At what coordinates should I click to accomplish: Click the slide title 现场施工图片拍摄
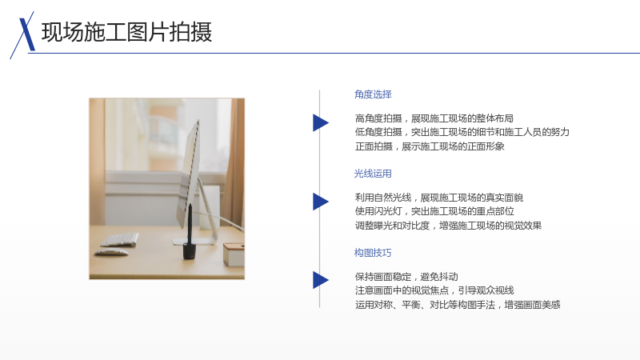[126, 32]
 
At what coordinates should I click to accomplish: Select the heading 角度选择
[373, 94]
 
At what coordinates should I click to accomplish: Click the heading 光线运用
[373, 174]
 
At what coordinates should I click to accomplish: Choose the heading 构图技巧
[373, 253]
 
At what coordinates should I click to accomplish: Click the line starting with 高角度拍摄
[434, 118]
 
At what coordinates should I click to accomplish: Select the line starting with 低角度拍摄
[462, 132]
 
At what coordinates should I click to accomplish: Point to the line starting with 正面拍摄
[430, 146]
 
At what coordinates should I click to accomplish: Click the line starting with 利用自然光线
[438, 198]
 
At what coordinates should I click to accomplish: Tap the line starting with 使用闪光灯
[434, 211]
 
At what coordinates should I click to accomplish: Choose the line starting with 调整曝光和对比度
[448, 226]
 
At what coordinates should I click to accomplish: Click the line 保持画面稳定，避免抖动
[406, 277]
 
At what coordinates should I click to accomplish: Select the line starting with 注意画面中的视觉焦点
[434, 290]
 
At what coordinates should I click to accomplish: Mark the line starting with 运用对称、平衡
[458, 305]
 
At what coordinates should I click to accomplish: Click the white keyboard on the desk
[119, 240]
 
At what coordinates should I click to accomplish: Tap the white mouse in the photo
[111, 253]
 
